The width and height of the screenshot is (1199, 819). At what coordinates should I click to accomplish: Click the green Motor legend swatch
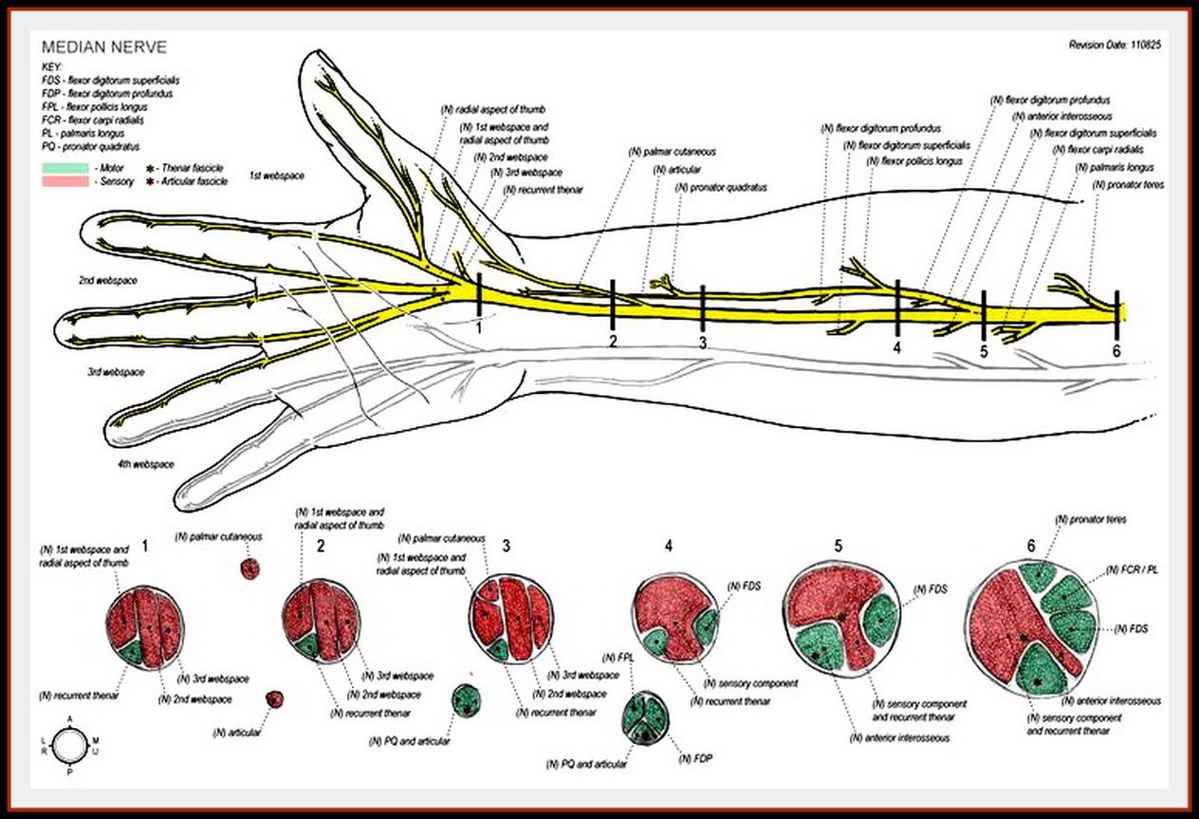(x=65, y=166)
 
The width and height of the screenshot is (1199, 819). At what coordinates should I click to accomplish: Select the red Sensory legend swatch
(x=65, y=180)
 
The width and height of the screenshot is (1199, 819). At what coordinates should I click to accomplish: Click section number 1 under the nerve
(x=481, y=326)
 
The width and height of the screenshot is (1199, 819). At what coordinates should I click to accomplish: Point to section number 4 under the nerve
(x=896, y=347)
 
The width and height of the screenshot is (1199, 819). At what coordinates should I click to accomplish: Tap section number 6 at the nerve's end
(x=1116, y=351)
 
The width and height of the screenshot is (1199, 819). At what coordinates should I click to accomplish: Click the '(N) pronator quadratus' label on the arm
(x=721, y=187)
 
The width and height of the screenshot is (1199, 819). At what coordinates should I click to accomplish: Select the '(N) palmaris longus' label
(x=1112, y=167)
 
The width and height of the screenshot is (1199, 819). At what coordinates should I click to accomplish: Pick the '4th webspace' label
(x=145, y=464)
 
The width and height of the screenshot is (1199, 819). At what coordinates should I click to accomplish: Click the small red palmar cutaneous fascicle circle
(x=249, y=568)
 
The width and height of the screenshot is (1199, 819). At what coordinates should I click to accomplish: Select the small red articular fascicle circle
(x=274, y=699)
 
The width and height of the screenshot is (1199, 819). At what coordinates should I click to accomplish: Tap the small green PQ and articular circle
(x=466, y=701)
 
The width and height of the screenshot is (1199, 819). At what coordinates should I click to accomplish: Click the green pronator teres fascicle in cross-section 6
(x=1038, y=575)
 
